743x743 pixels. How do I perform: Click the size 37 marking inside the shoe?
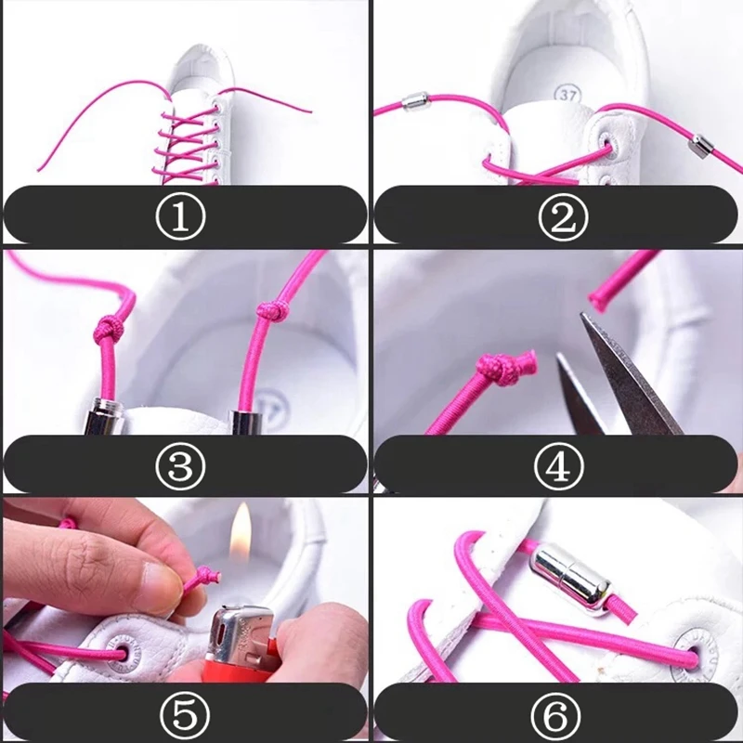point(567,94)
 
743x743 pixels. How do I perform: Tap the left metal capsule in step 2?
point(414,100)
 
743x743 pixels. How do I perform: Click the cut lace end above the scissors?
point(604,293)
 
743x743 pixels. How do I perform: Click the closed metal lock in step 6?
point(571,581)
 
